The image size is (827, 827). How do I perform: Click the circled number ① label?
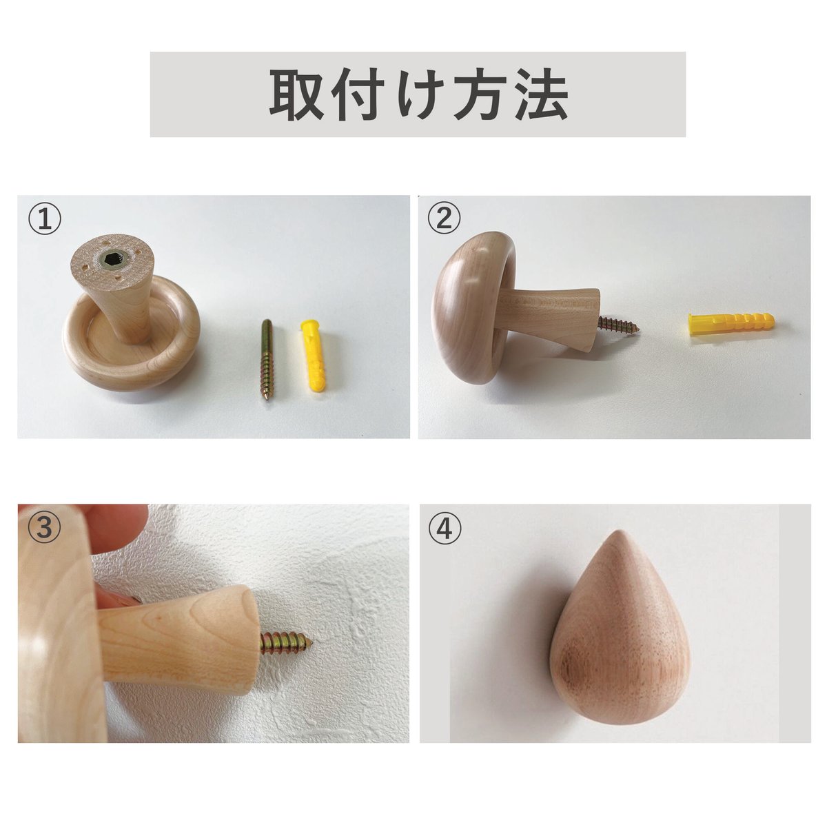(45, 218)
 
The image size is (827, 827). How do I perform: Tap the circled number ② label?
(445, 218)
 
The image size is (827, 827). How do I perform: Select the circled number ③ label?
(45, 527)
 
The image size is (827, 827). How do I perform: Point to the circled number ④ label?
(445, 528)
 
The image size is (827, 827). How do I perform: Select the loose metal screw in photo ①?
(267, 359)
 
